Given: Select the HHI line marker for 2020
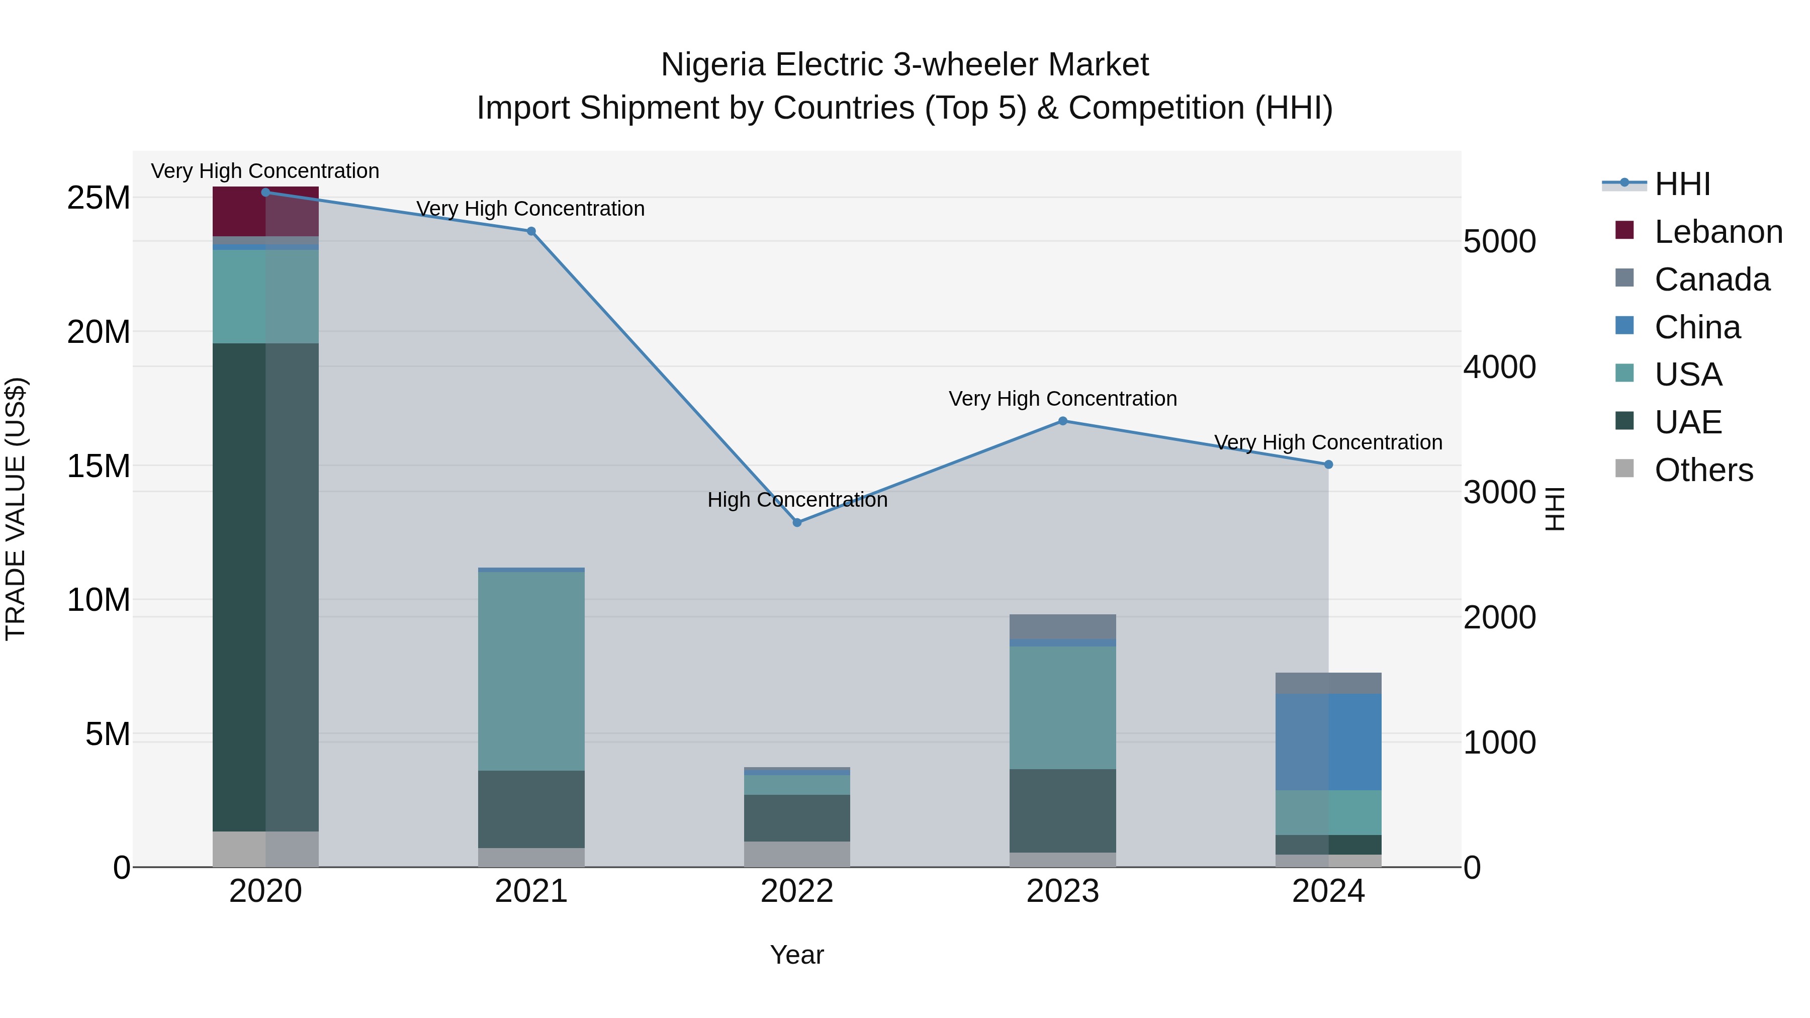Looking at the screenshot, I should click(x=265, y=192).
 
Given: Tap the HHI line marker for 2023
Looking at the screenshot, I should click(x=1062, y=421).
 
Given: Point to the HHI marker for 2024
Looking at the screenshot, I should click(x=1328, y=465).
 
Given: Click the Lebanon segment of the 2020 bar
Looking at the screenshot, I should click(x=265, y=212).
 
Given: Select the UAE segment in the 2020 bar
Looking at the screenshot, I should click(x=265, y=587).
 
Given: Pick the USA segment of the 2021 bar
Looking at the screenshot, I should click(x=531, y=671).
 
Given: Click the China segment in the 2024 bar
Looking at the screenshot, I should click(x=1328, y=742).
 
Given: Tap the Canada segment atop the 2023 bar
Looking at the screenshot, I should click(x=1062, y=626).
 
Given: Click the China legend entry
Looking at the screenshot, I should click(x=1696, y=327).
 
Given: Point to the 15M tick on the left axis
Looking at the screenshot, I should click(x=99, y=466).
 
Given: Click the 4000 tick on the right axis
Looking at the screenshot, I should click(x=1499, y=367).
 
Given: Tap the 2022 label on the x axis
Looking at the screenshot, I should click(x=797, y=891).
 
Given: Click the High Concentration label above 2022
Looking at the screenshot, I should click(x=797, y=500).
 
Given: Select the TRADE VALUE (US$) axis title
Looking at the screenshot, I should click(x=16, y=509).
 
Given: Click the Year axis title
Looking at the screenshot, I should click(x=797, y=955).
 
